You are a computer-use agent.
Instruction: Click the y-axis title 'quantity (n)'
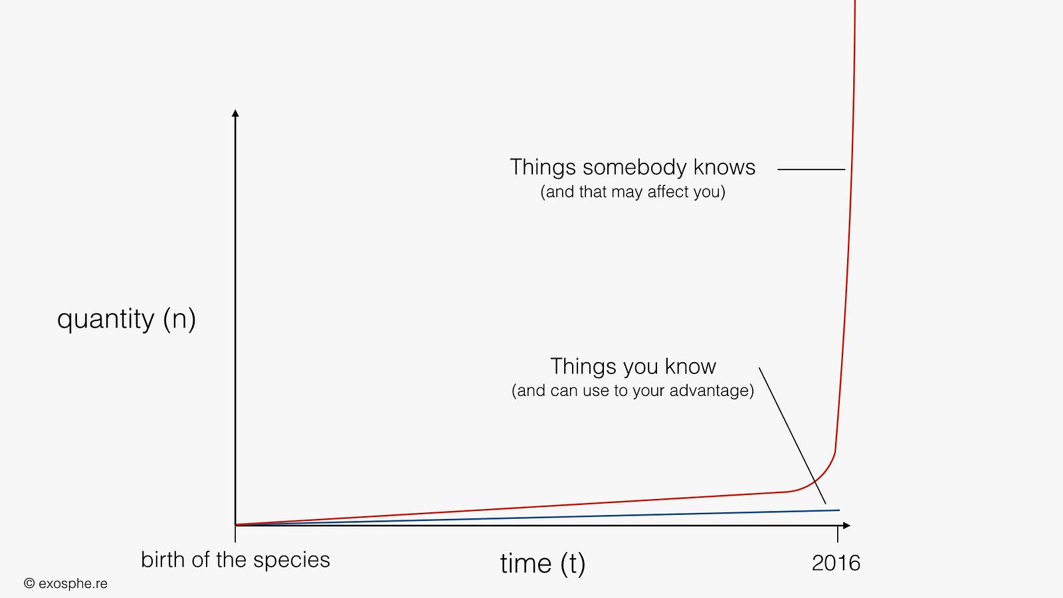click(x=126, y=320)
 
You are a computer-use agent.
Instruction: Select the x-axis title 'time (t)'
click(x=542, y=564)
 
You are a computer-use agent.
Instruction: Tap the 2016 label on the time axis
click(x=836, y=563)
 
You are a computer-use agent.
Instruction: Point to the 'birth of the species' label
click(x=235, y=560)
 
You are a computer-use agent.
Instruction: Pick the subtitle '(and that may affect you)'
click(x=632, y=192)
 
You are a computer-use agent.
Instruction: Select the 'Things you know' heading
click(x=633, y=366)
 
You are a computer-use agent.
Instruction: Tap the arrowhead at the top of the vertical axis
click(x=235, y=113)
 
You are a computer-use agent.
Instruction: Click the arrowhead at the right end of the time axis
click(x=846, y=526)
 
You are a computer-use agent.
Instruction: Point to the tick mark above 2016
click(x=838, y=534)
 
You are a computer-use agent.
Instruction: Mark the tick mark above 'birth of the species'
click(x=235, y=534)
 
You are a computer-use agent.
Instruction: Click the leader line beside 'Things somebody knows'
click(x=811, y=169)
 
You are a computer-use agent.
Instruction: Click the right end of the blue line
click(x=840, y=510)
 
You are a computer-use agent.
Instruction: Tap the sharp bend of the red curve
click(x=834, y=452)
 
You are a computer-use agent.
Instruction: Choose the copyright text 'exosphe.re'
click(x=73, y=584)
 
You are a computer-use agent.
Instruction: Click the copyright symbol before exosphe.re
click(x=29, y=583)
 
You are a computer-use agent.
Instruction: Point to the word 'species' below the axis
click(x=292, y=561)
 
